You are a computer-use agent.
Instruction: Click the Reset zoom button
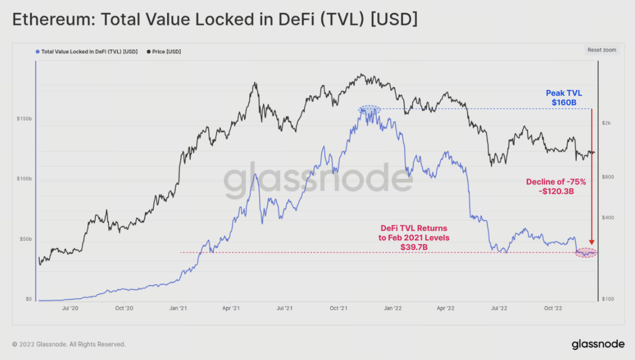602,50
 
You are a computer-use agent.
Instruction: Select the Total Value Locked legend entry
87,51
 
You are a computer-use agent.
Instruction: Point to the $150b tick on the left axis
24,120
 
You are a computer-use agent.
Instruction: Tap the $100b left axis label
24,179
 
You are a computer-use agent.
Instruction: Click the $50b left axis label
25,239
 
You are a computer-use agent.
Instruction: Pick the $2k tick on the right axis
606,123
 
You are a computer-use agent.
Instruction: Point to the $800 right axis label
607,177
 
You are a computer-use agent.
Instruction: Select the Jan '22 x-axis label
392,308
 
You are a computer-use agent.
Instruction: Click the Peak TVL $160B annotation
564,97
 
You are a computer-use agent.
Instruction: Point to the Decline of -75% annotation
556,182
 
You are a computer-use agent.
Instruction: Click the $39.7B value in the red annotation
414,247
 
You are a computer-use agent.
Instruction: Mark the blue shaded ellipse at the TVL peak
369,109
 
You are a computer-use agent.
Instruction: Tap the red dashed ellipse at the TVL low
586,253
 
